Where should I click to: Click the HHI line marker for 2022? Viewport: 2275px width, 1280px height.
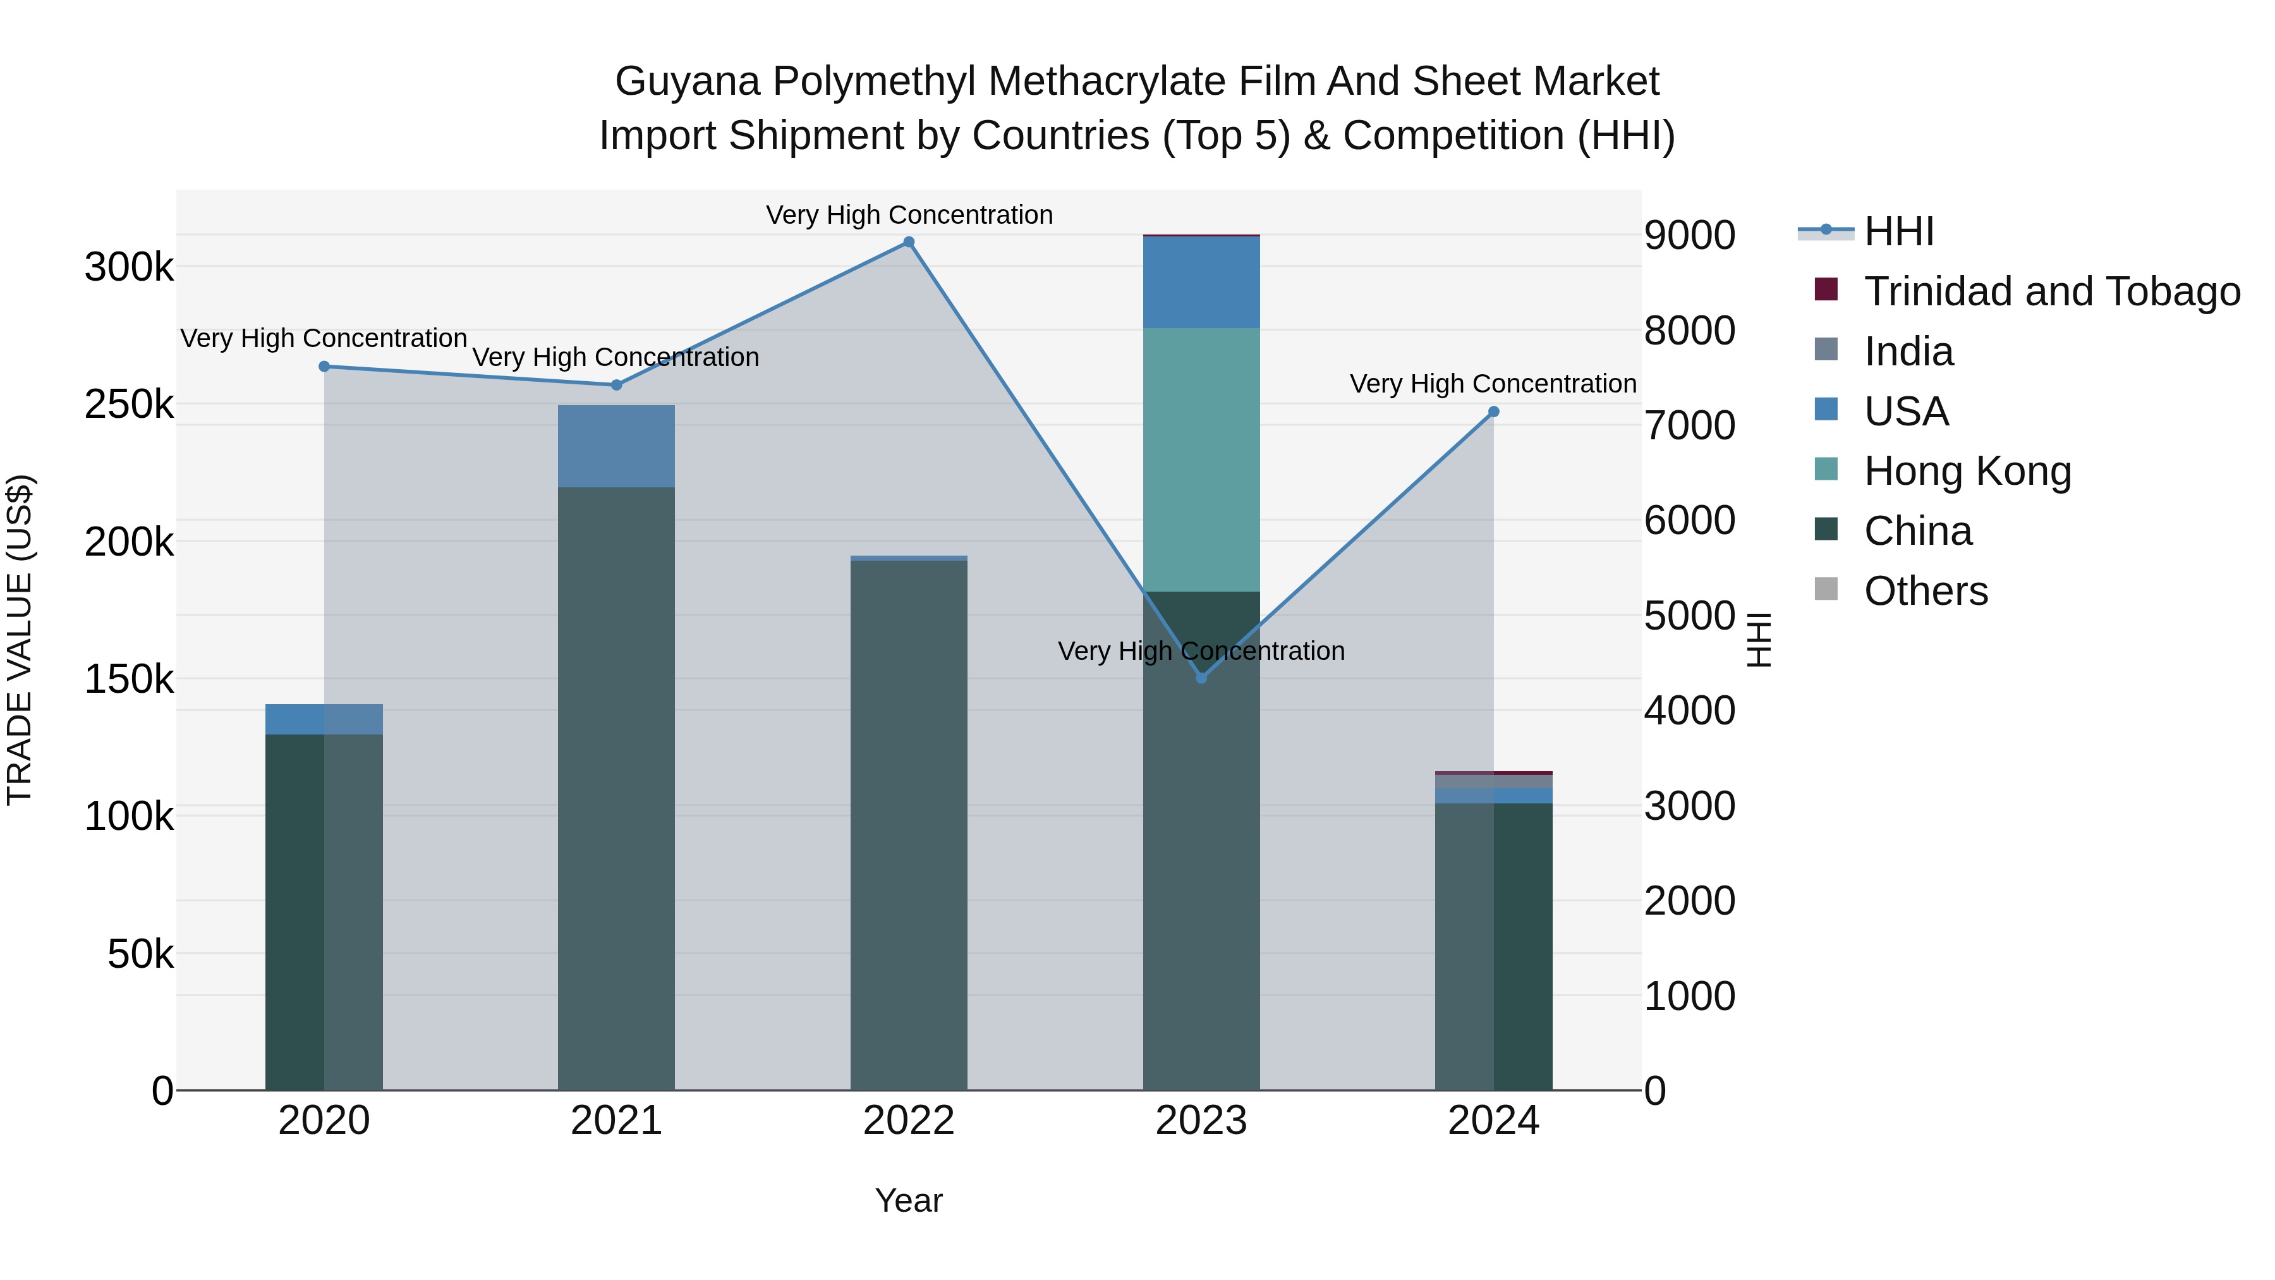[909, 242]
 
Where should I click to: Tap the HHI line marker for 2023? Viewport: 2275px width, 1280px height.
[1201, 678]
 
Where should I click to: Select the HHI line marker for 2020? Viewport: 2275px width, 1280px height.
[324, 367]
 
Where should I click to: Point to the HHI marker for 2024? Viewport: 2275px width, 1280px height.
[1493, 411]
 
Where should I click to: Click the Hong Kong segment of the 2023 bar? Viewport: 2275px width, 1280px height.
[1201, 460]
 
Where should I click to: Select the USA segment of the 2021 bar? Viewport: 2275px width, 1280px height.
[616, 446]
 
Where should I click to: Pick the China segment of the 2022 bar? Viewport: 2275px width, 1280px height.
[909, 822]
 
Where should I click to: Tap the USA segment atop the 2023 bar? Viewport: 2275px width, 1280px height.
[1201, 283]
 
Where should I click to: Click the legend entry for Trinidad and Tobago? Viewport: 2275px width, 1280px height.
[2051, 291]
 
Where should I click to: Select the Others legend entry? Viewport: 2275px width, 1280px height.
[1926, 591]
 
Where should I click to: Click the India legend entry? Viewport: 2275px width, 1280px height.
[1908, 351]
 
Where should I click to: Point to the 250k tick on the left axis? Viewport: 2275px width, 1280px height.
[129, 405]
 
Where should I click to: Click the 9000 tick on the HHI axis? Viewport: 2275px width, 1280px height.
[1689, 236]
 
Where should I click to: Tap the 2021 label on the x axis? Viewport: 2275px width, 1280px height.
[616, 1121]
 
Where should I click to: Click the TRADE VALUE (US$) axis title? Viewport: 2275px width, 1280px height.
[20, 640]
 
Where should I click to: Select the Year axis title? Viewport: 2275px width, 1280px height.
[909, 1200]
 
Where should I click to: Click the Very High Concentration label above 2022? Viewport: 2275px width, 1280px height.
[909, 215]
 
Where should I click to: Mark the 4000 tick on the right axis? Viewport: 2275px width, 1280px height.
[1689, 710]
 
